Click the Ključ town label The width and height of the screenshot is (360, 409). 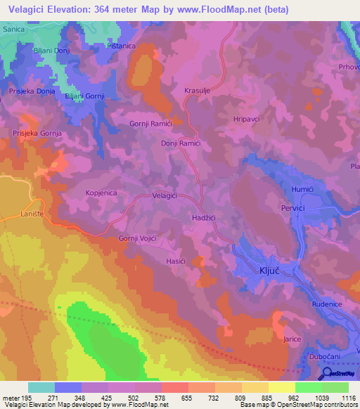tap(265, 271)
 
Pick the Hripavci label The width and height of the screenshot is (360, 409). tap(246, 119)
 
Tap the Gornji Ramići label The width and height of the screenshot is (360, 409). tap(150, 124)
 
